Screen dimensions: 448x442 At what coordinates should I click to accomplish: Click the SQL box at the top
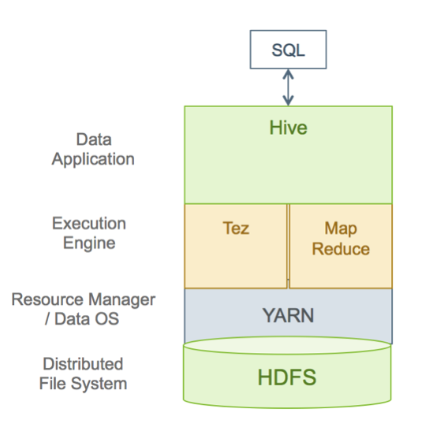[x=288, y=50]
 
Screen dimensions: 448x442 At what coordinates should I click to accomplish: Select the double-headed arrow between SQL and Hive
[x=288, y=87]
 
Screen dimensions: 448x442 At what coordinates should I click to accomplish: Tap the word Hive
[x=289, y=128]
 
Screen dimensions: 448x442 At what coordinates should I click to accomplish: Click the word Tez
[x=236, y=228]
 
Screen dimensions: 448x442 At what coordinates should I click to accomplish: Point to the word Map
[x=341, y=228]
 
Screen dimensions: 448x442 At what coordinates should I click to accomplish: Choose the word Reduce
[x=341, y=249]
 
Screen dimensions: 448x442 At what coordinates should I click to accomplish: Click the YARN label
[x=288, y=315]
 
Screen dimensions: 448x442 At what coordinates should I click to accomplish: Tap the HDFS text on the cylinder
[x=287, y=377]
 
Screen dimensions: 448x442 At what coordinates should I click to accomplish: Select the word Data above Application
[x=94, y=139]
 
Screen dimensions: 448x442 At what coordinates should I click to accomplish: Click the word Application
[x=93, y=159]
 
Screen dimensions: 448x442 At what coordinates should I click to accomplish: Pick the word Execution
[x=89, y=223]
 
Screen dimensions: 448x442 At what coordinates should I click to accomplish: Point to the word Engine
[x=89, y=243]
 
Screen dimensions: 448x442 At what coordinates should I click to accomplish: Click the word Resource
[x=47, y=299]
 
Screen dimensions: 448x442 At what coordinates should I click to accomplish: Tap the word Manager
[x=121, y=300]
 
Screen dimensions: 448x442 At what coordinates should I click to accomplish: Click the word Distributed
[x=83, y=364]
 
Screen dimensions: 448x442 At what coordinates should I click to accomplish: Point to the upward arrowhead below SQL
[x=288, y=74]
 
